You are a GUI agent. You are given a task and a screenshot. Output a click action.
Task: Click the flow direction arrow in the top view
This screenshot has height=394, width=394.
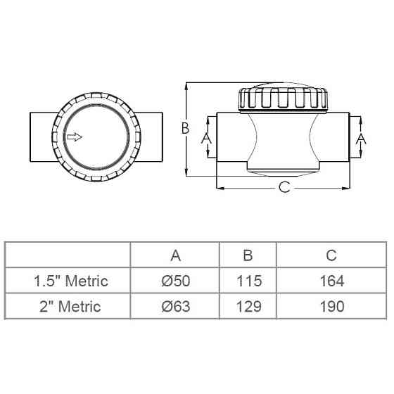[x=74, y=137]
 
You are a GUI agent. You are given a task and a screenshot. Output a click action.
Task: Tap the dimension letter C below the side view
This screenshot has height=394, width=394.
[x=284, y=187]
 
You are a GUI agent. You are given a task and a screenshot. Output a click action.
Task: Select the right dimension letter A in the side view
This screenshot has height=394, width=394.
[x=362, y=139]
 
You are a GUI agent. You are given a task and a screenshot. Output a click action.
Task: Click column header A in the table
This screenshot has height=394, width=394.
[x=175, y=255]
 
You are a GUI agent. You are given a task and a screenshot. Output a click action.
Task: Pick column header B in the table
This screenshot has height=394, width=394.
[x=248, y=255]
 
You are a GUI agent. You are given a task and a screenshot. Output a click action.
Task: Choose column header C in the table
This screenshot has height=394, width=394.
[x=331, y=255]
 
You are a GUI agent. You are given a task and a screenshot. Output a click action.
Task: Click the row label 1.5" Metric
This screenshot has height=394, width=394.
[x=70, y=281]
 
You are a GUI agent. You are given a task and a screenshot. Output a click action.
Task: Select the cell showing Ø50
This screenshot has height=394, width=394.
[x=175, y=281]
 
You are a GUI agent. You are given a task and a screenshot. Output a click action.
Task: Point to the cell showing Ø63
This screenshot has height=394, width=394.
[x=175, y=306]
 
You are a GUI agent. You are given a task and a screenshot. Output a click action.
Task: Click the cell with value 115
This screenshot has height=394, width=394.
[x=248, y=281]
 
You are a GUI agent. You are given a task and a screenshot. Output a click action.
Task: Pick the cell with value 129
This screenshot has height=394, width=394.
[x=248, y=306]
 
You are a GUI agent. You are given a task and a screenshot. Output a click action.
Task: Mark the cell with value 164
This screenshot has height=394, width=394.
[x=331, y=281]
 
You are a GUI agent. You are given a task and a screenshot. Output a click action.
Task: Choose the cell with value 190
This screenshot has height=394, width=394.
[x=331, y=306]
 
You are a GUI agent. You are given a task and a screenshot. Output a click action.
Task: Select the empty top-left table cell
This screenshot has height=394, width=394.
[x=68, y=255]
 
